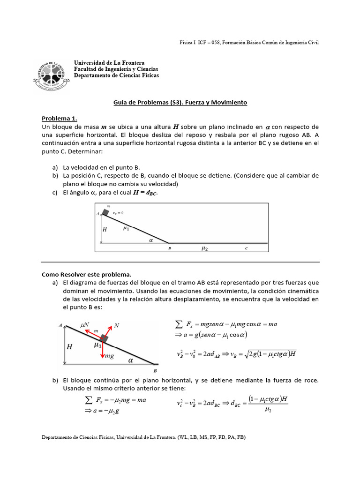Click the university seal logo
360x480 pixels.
coord(51,75)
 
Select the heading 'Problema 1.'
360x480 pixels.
coord(59,118)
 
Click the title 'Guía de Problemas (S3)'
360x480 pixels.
coord(180,102)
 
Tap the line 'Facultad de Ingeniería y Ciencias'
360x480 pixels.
coord(116,69)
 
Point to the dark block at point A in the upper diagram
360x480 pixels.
coord(105,212)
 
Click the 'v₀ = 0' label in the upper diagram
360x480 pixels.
coord(118,213)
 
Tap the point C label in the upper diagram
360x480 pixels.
coord(246,249)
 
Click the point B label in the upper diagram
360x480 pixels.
coord(169,249)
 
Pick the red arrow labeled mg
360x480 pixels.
coord(103,349)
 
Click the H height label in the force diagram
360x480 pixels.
coord(69,346)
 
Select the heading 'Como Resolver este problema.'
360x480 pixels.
coord(87,274)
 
